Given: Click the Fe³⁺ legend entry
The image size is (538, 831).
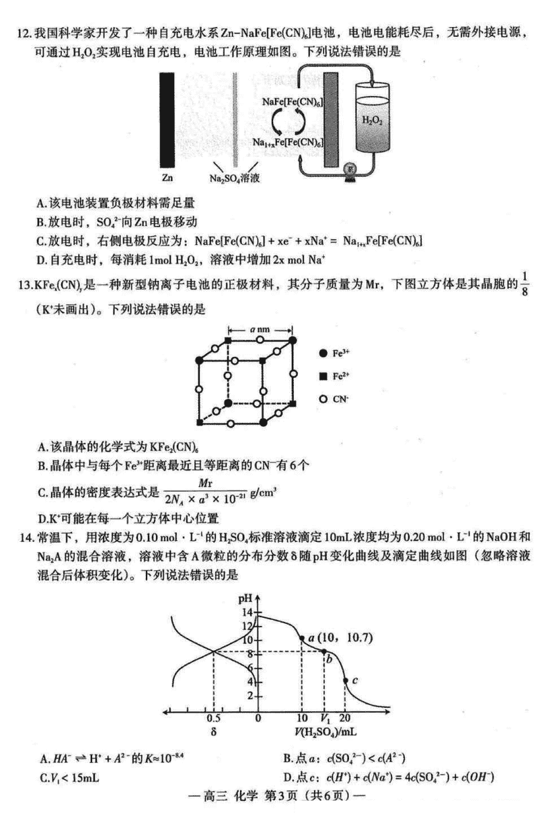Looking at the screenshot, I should coord(336,352).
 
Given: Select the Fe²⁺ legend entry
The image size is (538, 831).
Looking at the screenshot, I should coord(336,376).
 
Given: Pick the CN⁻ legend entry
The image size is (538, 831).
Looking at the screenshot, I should coord(336,399).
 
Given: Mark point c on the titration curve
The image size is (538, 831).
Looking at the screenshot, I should coord(346,680).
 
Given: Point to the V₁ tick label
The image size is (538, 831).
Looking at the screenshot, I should coord(325,718).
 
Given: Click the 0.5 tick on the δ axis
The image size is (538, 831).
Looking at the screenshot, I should coord(214,718).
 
